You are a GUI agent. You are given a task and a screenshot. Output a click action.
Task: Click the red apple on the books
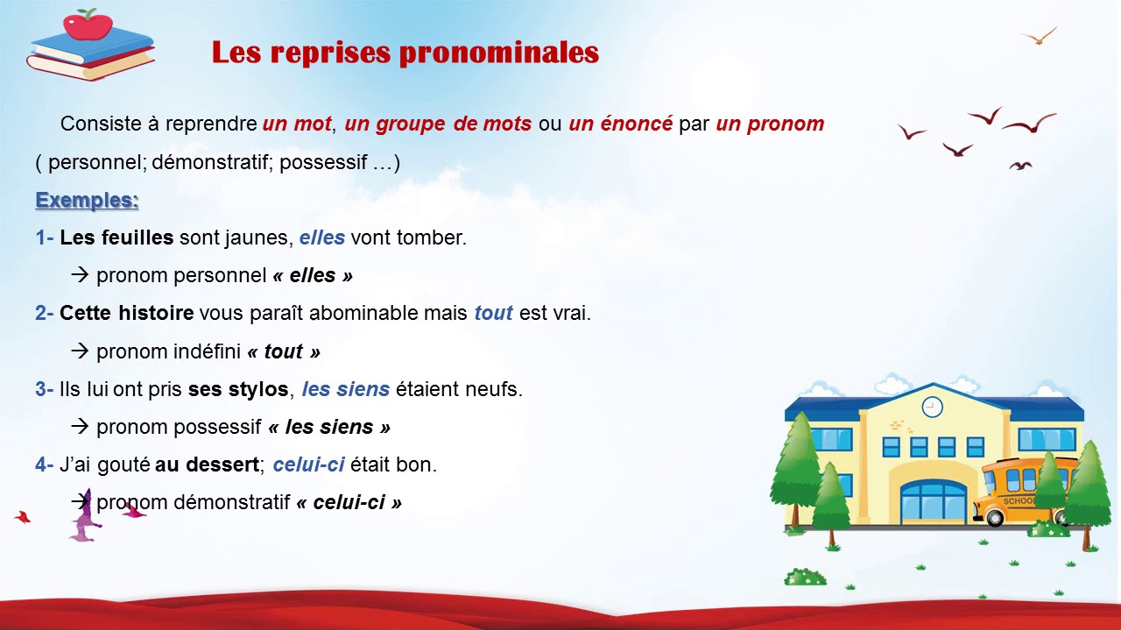pos(88,24)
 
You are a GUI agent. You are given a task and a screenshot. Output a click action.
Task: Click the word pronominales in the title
pos(498,53)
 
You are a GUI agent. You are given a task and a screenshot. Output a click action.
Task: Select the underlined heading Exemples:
pos(87,201)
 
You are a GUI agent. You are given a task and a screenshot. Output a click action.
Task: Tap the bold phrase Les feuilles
pos(116,238)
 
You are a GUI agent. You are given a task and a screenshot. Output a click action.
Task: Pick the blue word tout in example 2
pos(493,313)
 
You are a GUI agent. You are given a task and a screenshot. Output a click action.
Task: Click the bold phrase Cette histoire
pos(126,313)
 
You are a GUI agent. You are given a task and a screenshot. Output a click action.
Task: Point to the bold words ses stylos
pos(238,389)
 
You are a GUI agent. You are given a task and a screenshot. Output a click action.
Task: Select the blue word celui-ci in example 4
pos(308,464)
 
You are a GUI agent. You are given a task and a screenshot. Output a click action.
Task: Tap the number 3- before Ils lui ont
pos(45,389)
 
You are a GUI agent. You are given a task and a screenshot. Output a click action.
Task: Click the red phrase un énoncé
pos(620,124)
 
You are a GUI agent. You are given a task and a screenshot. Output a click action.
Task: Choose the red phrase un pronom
pos(770,124)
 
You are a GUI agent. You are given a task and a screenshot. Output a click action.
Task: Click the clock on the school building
pos(932,407)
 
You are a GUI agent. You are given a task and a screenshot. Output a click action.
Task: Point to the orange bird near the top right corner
pos(1040,36)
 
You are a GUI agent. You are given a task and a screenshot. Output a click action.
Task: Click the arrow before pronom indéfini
pos(81,351)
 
